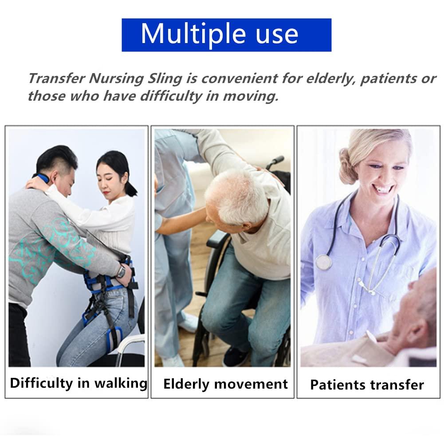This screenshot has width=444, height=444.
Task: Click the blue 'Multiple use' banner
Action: (x=226, y=35)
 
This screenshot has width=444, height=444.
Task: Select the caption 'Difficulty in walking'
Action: (x=79, y=383)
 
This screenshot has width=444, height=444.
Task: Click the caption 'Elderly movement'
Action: (x=225, y=384)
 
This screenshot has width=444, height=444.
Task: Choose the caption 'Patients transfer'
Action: (x=367, y=385)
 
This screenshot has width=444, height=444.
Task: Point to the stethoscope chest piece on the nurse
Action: (x=324, y=262)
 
